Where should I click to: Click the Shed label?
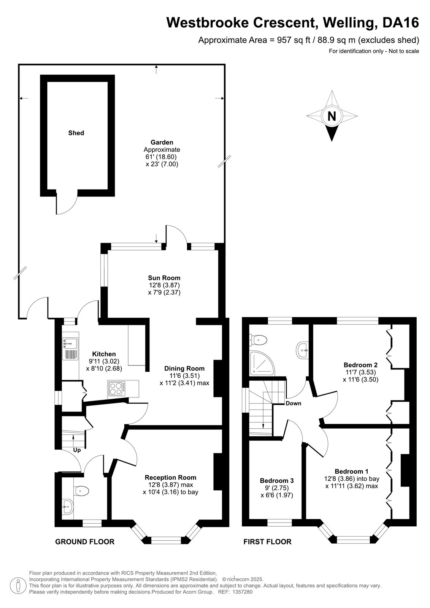click(76, 133)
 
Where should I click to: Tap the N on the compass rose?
click(332, 116)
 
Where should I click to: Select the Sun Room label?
click(164, 278)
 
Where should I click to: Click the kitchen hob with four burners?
click(117, 389)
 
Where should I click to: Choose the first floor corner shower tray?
click(262, 364)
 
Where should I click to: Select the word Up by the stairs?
click(77, 450)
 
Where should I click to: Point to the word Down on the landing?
click(294, 403)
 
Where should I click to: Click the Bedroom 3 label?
click(277, 481)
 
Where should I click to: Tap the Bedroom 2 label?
click(360, 365)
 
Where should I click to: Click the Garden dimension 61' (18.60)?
click(161, 157)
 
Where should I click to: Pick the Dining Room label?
click(184, 369)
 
